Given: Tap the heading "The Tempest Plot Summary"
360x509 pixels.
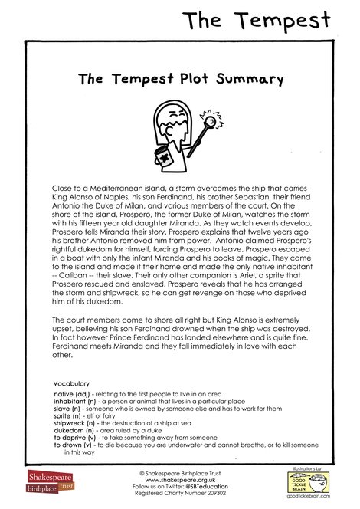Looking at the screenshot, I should pos(181,78).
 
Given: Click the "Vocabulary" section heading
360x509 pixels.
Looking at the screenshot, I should pos(71,383).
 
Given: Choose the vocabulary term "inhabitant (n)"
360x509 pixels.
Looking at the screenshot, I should pos(80,401).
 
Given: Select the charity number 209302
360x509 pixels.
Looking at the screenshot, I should pos(214,494).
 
